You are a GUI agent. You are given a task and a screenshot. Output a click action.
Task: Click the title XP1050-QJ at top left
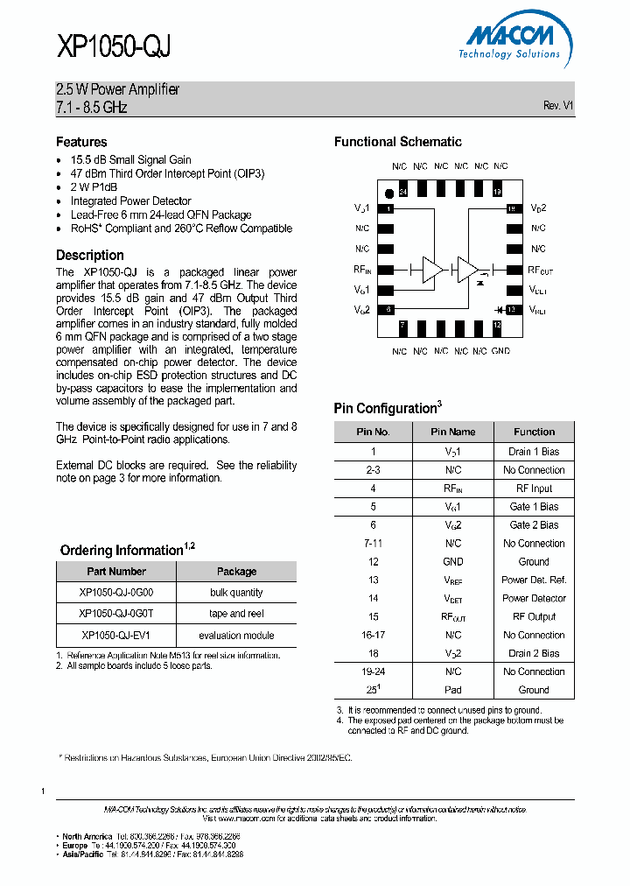pyautogui.click(x=113, y=46)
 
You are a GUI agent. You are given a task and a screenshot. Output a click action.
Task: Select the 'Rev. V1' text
pyautogui.click(x=557, y=105)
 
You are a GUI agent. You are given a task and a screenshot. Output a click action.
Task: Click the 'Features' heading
pyautogui.click(x=81, y=142)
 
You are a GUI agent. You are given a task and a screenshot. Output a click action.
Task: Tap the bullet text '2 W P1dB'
pyautogui.click(x=94, y=187)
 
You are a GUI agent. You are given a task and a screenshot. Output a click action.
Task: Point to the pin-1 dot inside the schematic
pyautogui.click(x=388, y=193)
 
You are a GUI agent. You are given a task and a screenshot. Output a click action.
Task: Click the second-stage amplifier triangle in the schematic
pyautogui.click(x=467, y=270)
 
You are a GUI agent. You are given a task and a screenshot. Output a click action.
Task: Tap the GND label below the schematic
pyautogui.click(x=500, y=351)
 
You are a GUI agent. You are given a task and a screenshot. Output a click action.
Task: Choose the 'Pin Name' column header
pyautogui.click(x=452, y=432)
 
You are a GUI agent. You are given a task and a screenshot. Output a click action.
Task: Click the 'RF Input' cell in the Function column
pyautogui.click(x=534, y=489)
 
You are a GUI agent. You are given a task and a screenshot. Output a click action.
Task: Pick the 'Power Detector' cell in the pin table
pyautogui.click(x=534, y=598)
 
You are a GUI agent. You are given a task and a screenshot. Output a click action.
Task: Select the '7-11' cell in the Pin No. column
pyautogui.click(x=373, y=544)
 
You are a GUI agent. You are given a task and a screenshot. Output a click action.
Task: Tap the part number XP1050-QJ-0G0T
pyautogui.click(x=115, y=614)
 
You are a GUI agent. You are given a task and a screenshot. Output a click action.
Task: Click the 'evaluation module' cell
pyautogui.click(x=236, y=636)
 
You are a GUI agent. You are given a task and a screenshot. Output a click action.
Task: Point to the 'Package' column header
pyautogui.click(x=236, y=572)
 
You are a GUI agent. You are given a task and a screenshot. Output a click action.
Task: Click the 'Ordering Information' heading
pyautogui.click(x=121, y=551)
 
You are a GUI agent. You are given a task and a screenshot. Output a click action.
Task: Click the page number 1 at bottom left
pyautogui.click(x=43, y=791)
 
